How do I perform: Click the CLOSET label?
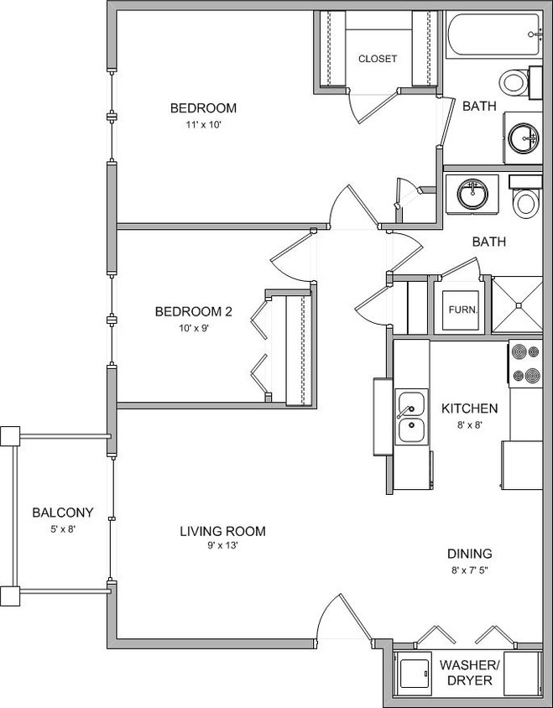coord(377,59)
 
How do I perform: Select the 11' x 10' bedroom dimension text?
coord(203,124)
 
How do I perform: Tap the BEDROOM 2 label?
coord(193,312)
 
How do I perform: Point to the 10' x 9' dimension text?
coord(193,328)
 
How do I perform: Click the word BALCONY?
coord(62,513)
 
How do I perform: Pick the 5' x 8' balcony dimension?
coord(62,528)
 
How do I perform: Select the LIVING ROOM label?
coord(222,531)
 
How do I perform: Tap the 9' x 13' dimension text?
coord(222,546)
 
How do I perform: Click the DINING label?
coord(469,554)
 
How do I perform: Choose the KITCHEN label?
coord(470,409)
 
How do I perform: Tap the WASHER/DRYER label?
coord(469,672)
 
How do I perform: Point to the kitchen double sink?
coord(410,416)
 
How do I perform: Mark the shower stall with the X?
coord(517,306)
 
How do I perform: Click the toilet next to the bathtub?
coord(515,81)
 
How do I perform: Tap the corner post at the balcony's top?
coord(10,436)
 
